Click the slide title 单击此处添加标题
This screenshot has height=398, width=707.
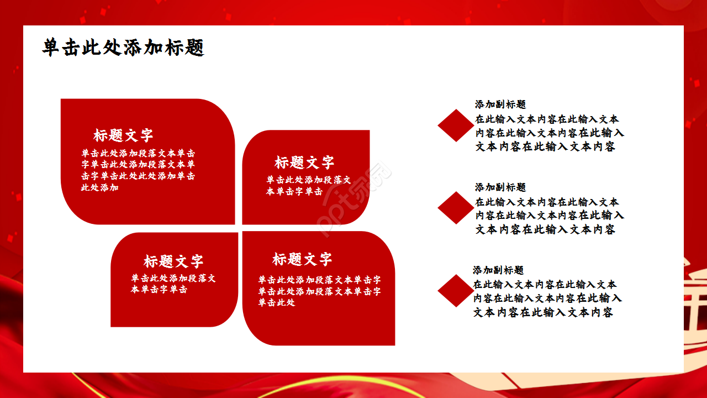(123, 48)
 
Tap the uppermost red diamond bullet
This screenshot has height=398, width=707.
(456, 125)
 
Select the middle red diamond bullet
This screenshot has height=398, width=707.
(456, 208)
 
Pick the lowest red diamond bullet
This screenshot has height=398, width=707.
(456, 291)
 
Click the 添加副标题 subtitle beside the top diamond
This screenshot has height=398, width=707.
(500, 104)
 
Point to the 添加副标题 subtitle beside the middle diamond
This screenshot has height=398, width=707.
(500, 187)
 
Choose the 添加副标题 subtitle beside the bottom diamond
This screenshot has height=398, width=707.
(498, 270)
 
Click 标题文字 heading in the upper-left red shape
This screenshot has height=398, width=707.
(123, 135)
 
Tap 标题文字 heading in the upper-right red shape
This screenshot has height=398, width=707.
(304, 163)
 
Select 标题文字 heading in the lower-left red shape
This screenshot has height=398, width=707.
(173, 261)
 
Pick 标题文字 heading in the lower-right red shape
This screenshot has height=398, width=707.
(302, 259)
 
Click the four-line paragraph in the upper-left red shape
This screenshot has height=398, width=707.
(138, 170)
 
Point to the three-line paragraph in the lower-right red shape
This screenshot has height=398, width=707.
(319, 291)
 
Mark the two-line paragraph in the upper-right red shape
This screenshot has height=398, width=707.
(308, 186)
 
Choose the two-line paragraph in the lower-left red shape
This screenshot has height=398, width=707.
(173, 284)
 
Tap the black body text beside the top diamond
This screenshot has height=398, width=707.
(549, 133)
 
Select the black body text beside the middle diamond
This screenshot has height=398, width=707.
(549, 216)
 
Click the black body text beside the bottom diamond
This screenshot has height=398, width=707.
(547, 298)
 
